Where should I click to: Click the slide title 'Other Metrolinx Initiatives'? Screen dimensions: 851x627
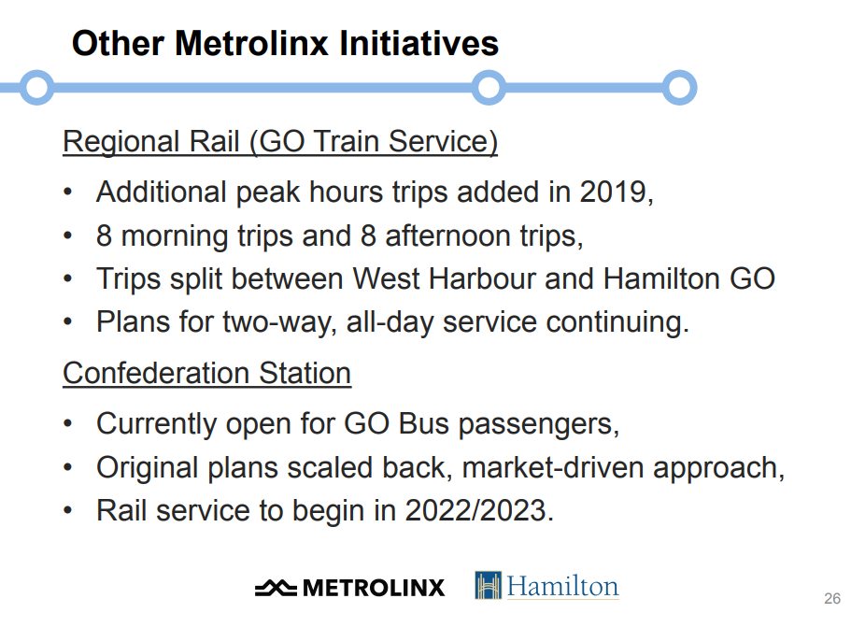(x=285, y=43)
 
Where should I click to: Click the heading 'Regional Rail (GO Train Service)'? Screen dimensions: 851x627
(x=280, y=142)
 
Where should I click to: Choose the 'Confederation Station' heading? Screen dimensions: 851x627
(x=206, y=374)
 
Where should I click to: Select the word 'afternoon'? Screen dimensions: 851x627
(x=448, y=235)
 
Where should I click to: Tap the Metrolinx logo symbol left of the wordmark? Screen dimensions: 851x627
(x=276, y=588)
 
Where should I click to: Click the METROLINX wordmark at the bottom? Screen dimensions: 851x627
(x=374, y=588)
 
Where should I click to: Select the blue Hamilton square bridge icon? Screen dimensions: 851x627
(x=488, y=585)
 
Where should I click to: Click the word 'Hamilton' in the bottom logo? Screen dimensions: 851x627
(x=562, y=586)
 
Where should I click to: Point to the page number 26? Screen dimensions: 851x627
(x=832, y=598)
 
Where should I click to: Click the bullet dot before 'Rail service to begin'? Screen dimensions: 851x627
(x=67, y=510)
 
